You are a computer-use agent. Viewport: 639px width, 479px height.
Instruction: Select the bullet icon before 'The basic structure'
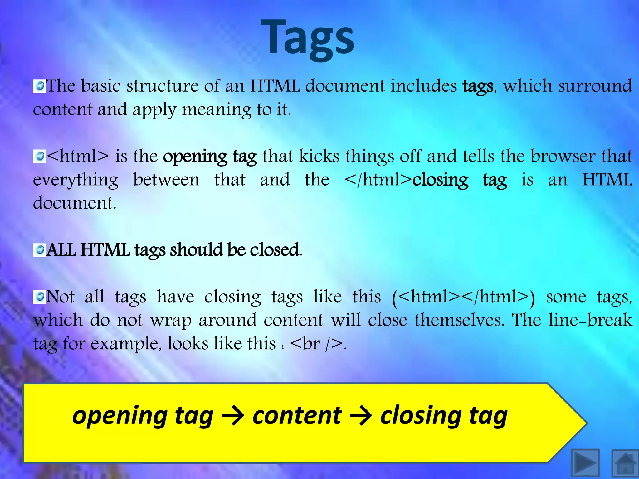[39, 86]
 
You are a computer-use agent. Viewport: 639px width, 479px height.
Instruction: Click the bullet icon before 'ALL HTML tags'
[39, 250]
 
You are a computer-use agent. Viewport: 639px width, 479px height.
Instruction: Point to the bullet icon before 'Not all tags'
[39, 297]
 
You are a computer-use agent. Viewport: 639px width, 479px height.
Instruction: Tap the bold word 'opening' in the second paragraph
[195, 157]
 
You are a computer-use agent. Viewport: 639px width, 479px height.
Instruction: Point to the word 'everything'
[76, 180]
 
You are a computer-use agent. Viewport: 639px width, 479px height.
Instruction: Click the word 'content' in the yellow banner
[297, 416]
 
